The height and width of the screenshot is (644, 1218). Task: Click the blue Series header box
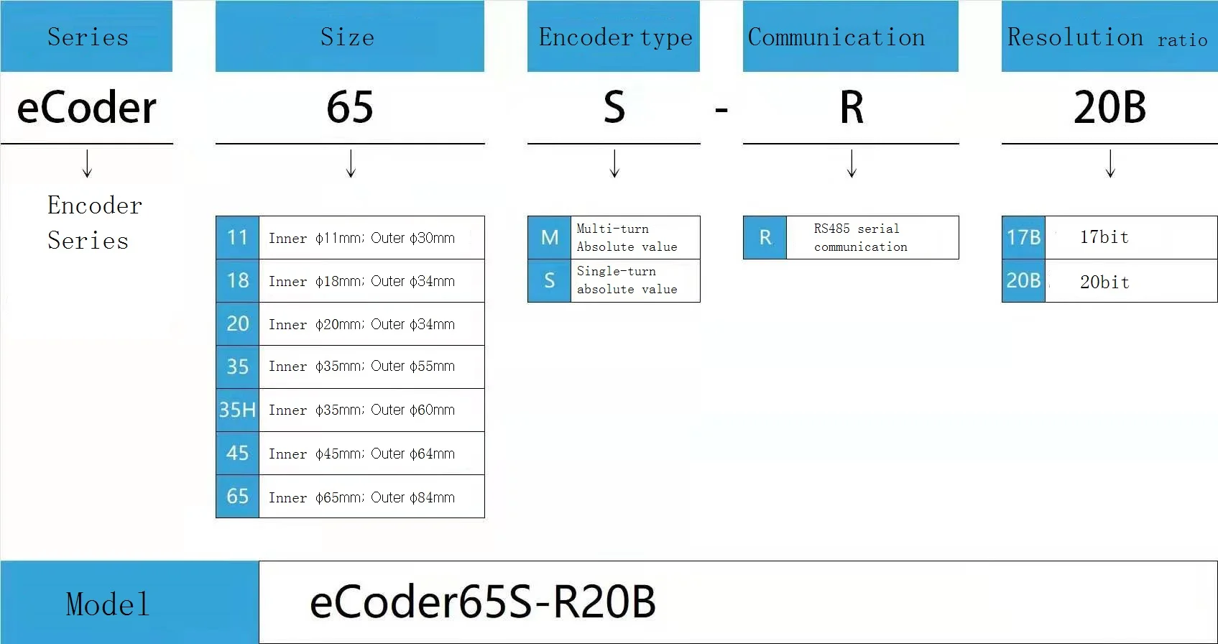pyautogui.click(x=86, y=36)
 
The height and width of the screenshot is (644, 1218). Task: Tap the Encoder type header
pyautogui.click(x=614, y=36)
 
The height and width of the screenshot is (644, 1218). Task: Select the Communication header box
pyautogui.click(x=850, y=36)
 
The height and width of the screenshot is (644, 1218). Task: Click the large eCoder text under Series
pyautogui.click(x=86, y=108)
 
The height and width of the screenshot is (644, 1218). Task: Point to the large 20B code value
pyautogui.click(x=1109, y=108)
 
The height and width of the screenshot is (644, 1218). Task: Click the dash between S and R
pyautogui.click(x=721, y=111)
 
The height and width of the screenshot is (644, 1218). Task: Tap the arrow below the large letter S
pyautogui.click(x=614, y=164)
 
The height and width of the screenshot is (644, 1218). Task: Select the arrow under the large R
pyautogui.click(x=852, y=164)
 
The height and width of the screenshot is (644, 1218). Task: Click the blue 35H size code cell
pyautogui.click(x=238, y=410)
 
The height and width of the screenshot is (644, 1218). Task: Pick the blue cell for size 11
pyautogui.click(x=238, y=238)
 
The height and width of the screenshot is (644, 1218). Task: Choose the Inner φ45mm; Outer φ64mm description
pyautogui.click(x=361, y=454)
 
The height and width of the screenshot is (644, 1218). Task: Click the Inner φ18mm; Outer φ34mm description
pyautogui.click(x=361, y=281)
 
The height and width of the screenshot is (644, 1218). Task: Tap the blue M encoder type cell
pyautogui.click(x=549, y=238)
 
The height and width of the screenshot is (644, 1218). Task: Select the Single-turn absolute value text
pyautogui.click(x=627, y=280)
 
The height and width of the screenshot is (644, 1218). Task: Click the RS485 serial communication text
pyautogui.click(x=860, y=238)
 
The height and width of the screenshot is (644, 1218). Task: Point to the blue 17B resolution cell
pyautogui.click(x=1023, y=238)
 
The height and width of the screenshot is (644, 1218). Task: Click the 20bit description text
pyautogui.click(x=1104, y=282)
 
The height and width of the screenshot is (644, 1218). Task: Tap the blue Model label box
pyautogui.click(x=129, y=602)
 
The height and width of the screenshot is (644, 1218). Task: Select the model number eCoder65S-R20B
pyautogui.click(x=482, y=602)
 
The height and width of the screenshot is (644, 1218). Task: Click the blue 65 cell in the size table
pyautogui.click(x=238, y=496)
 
